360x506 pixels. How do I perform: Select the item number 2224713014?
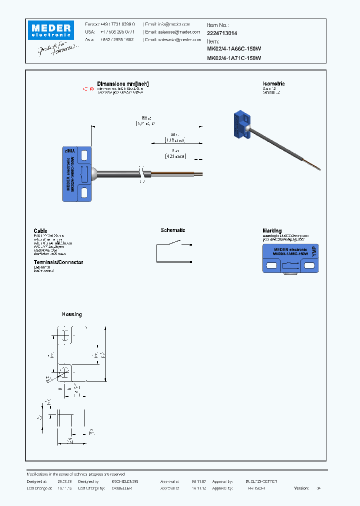[x=222, y=33]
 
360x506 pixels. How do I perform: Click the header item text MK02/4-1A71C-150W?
[x=234, y=58]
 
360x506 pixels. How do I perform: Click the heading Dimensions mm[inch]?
[x=123, y=84]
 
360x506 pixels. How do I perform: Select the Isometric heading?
[x=273, y=84]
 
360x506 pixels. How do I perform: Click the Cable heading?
[x=40, y=231]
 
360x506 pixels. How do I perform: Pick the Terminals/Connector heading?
[x=58, y=262]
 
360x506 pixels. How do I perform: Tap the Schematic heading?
[x=173, y=230]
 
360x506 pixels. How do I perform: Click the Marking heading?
[x=272, y=231]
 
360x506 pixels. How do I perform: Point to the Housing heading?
[x=71, y=314]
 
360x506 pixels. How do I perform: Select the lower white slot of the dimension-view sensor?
[x=84, y=192]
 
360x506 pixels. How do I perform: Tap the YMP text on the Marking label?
[x=313, y=252]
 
